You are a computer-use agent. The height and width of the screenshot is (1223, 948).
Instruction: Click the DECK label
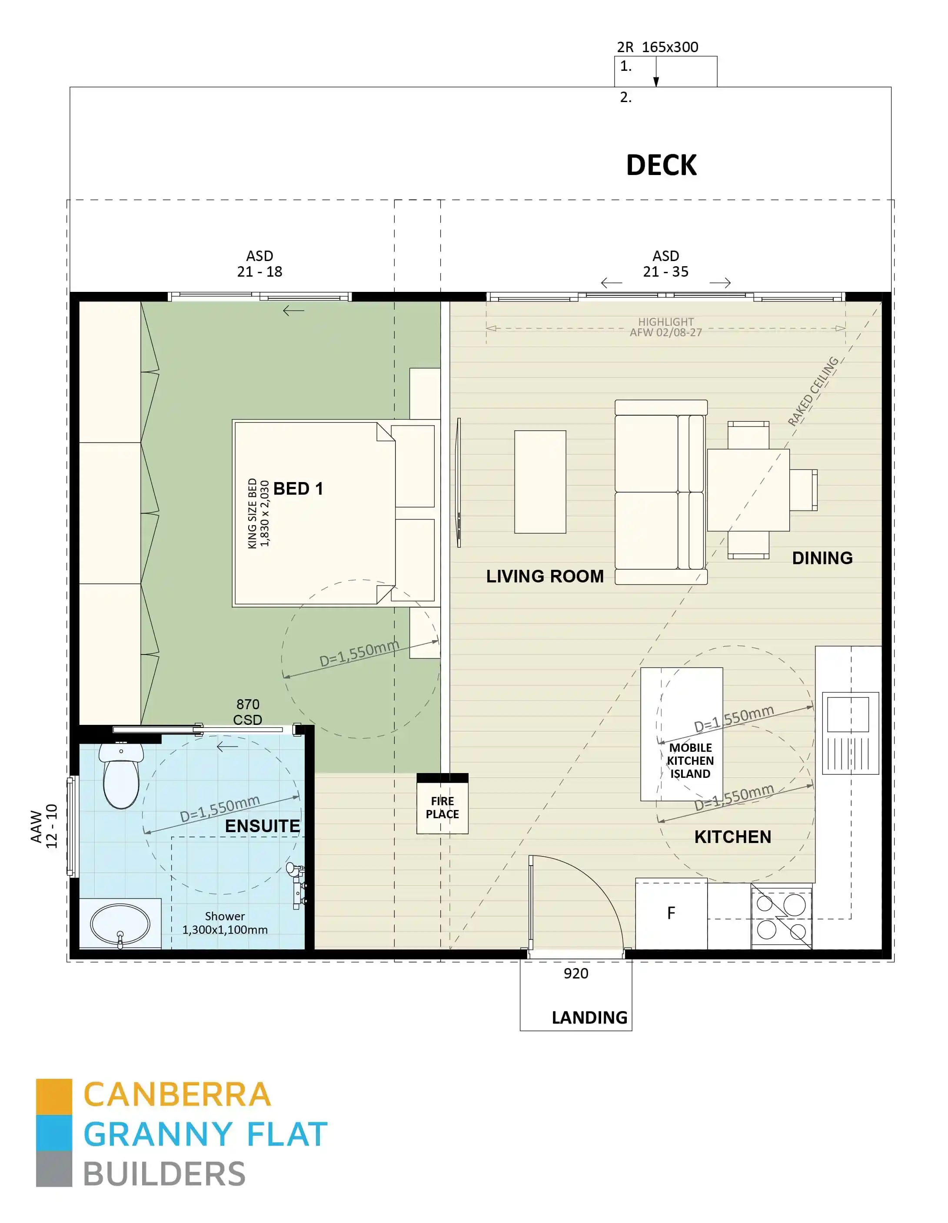tap(661, 165)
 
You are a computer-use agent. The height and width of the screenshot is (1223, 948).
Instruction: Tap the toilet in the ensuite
tap(121, 776)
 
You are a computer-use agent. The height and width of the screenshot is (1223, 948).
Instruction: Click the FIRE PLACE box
tap(442, 807)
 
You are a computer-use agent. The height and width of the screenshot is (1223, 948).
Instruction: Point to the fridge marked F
tap(671, 913)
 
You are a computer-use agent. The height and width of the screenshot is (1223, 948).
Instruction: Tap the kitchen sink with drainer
tap(850, 733)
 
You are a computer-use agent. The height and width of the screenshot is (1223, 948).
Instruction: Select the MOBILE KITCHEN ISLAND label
tap(690, 760)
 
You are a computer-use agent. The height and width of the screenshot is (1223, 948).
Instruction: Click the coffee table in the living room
tap(539, 482)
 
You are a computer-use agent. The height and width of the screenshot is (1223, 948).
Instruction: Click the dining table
tap(748, 489)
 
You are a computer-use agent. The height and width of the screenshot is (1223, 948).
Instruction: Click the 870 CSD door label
tap(248, 712)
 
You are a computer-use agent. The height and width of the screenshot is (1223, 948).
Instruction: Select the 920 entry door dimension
tap(575, 973)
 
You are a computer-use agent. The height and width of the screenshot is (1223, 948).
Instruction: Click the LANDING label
tap(589, 1017)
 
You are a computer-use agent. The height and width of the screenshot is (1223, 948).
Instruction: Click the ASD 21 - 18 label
tap(259, 264)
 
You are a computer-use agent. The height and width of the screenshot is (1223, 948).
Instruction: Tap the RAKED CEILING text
tap(812, 391)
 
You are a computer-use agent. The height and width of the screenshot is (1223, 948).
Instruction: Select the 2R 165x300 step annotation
tap(657, 47)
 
